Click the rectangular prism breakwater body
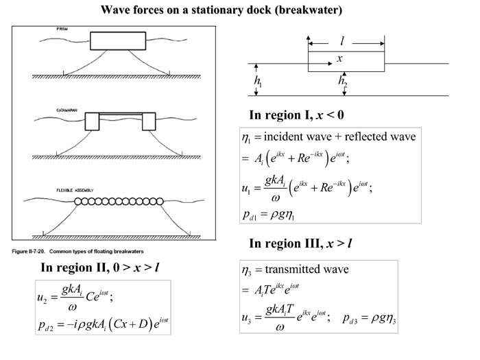click(x=118, y=41)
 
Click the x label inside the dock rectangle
click(x=339, y=60)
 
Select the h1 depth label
click(x=258, y=81)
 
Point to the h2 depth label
click(x=343, y=81)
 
